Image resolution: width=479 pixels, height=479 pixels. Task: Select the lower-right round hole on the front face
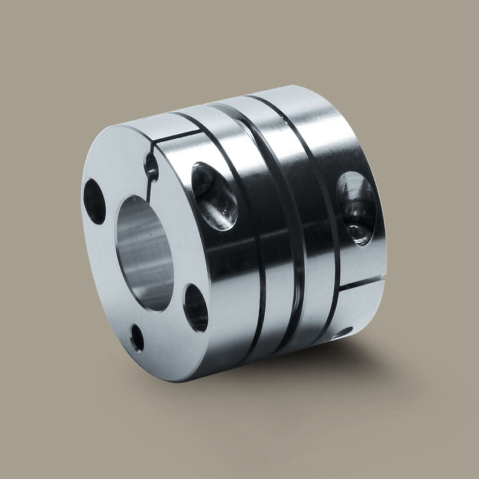pyautogui.click(x=196, y=307)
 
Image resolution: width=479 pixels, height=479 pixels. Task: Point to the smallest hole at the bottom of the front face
pyautogui.click(x=137, y=338)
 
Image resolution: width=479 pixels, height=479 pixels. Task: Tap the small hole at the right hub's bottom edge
pyautogui.click(x=342, y=332)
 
